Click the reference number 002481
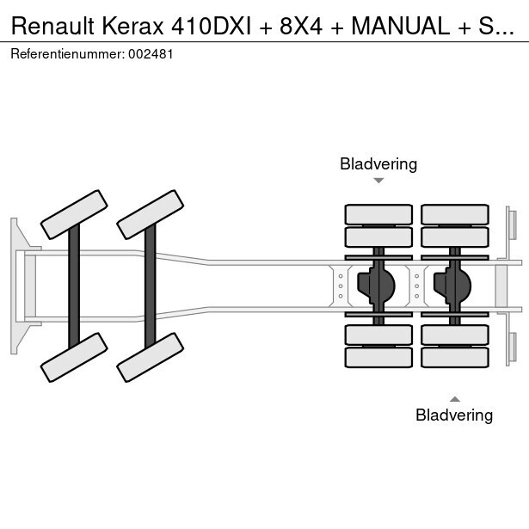pyautogui.click(x=151, y=53)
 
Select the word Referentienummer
pyautogui.click(x=68, y=53)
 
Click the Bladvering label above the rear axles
pyautogui.click(x=378, y=163)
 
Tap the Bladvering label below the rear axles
pyautogui.click(x=454, y=415)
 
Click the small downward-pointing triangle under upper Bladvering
pyautogui.click(x=378, y=181)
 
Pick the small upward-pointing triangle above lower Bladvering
pyautogui.click(x=454, y=398)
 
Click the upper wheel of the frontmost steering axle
pyautogui.click(x=74, y=214)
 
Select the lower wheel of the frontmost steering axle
pyautogui.click(x=74, y=356)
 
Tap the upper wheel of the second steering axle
pyautogui.click(x=150, y=214)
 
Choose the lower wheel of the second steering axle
pyautogui.click(x=150, y=356)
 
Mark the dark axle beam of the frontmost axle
pyautogui.click(x=74, y=285)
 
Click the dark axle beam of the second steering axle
pyautogui.click(x=150, y=285)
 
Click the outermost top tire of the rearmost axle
pyautogui.click(x=454, y=214)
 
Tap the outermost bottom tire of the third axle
pyautogui.click(x=378, y=357)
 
